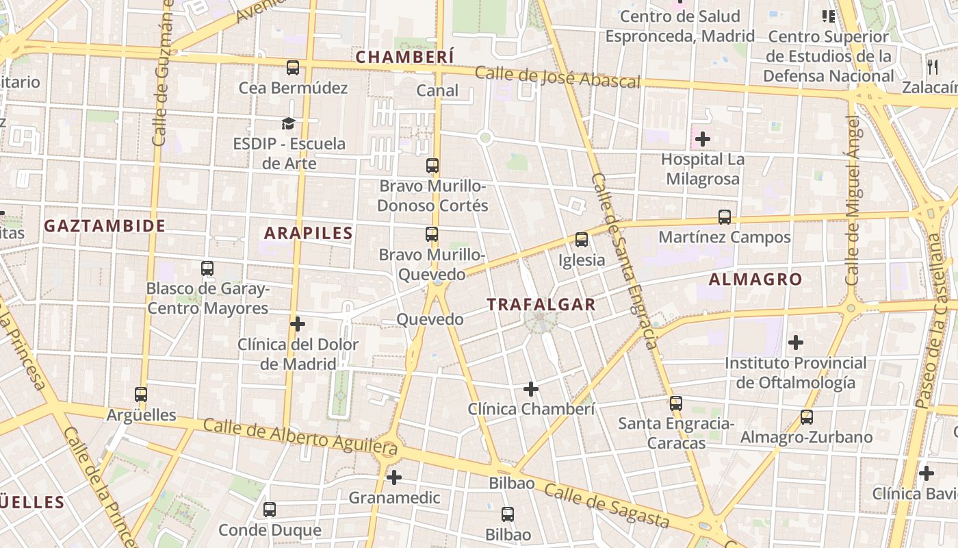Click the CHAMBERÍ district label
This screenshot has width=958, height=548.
click(x=404, y=57)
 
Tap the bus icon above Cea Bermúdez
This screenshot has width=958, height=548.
click(x=293, y=67)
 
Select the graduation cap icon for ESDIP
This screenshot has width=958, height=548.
click(x=289, y=123)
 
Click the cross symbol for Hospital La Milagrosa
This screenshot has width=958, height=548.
click(x=702, y=140)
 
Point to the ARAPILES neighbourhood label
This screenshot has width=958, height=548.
click(x=309, y=233)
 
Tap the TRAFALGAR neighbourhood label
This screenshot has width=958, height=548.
click(x=541, y=305)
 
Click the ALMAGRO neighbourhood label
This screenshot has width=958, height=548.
click(x=755, y=279)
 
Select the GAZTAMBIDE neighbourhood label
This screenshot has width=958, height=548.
click(x=105, y=226)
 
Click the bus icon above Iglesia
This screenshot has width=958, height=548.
click(x=582, y=240)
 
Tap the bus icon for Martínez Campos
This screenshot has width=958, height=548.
click(x=725, y=217)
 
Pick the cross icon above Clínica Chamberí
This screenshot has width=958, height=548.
click(x=531, y=389)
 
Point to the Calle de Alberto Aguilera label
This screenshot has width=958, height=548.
click(x=300, y=436)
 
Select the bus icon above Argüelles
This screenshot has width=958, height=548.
click(x=141, y=395)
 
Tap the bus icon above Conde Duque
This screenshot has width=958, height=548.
click(x=270, y=510)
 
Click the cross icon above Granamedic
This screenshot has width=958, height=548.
click(x=394, y=477)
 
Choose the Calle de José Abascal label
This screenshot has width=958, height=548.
click(x=558, y=77)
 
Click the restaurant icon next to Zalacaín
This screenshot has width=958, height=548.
click(x=933, y=66)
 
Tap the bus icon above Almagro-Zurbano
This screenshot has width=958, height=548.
click(x=807, y=416)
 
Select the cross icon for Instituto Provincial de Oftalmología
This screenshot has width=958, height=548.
click(x=796, y=342)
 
